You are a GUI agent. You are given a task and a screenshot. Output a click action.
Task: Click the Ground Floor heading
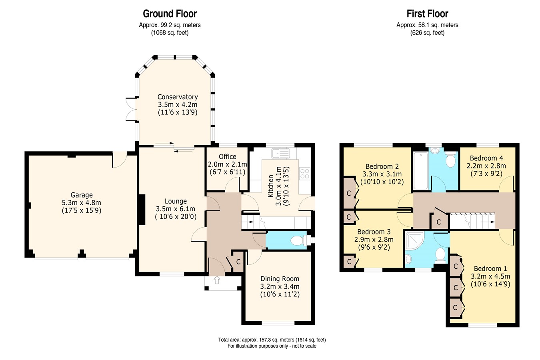(170, 14)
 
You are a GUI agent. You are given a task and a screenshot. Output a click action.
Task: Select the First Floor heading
(427, 14)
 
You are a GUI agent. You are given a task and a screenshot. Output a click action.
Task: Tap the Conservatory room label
(177, 97)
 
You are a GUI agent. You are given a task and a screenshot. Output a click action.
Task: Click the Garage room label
(82, 195)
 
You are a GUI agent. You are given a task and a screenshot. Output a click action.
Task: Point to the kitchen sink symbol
(280, 153)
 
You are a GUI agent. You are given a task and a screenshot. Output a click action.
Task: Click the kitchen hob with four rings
(304, 174)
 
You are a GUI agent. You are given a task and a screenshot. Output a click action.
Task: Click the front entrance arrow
(217, 280)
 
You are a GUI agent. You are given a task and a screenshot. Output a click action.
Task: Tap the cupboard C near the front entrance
(238, 262)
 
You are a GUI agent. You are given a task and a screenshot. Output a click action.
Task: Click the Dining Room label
(280, 279)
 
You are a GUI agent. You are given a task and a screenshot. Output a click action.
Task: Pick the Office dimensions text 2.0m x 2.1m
(227, 164)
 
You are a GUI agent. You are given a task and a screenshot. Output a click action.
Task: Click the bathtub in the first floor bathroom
(420, 170)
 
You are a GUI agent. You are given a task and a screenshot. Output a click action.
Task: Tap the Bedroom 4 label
(486, 158)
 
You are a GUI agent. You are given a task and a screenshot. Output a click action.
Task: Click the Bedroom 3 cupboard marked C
(349, 261)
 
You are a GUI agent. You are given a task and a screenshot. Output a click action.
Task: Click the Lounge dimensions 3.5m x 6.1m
(176, 209)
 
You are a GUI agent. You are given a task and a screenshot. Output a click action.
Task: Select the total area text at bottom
(272, 340)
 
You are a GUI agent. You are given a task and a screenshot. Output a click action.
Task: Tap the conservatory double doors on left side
(131, 108)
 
